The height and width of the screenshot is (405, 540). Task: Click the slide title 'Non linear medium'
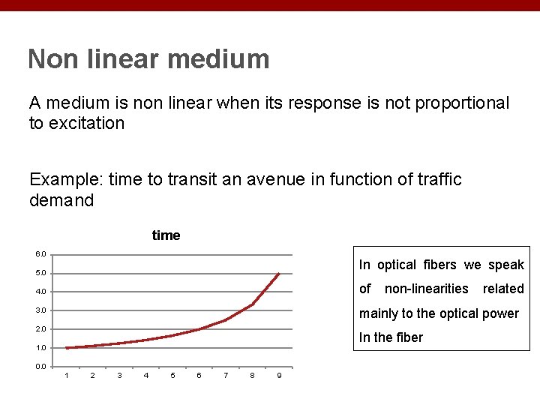[x=148, y=58]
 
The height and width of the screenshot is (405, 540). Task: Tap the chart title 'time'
[x=166, y=235]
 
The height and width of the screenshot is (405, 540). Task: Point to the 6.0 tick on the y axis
[x=40, y=254]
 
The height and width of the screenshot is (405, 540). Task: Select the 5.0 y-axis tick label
[x=40, y=273]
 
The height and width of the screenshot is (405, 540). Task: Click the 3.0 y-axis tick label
[x=40, y=310]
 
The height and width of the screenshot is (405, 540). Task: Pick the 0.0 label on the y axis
[x=40, y=367]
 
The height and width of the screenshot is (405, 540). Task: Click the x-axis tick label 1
[x=66, y=376]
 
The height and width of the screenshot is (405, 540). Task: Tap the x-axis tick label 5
[x=172, y=376]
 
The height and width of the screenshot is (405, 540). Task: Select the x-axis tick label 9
[x=279, y=376]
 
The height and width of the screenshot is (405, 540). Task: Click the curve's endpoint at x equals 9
[x=279, y=273]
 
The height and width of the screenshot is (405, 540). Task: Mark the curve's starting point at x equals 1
[x=66, y=348]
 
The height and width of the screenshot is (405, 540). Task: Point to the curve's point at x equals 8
[x=252, y=304]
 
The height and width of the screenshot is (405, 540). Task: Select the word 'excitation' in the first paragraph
[x=86, y=124]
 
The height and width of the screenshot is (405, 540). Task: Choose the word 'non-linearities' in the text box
[x=426, y=289]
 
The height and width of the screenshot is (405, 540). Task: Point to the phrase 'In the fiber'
[x=391, y=337]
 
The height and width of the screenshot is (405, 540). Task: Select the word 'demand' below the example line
[x=61, y=201]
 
